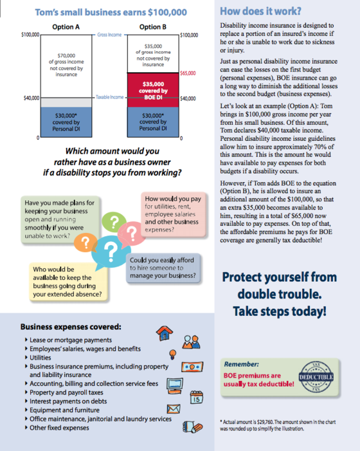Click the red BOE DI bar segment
tap(153, 90)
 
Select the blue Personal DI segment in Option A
tap(66, 122)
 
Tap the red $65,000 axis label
tap(188, 73)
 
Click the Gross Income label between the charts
tap(109, 35)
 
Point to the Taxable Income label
tap(109, 97)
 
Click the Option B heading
tap(153, 27)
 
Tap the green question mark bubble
tap(114, 222)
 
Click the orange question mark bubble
tap(85, 243)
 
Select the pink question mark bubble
tap(132, 234)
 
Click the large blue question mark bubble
tap(111, 252)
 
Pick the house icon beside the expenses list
tap(165, 333)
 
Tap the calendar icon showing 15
tap(197, 398)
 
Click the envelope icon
tap(174, 409)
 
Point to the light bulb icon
tap(173, 354)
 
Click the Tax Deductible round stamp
tap(316, 377)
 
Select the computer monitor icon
tap(175, 386)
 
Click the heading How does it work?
tap(260, 11)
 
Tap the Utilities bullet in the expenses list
tap(40, 358)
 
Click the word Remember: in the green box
tap(241, 364)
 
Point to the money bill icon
tap(192, 367)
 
